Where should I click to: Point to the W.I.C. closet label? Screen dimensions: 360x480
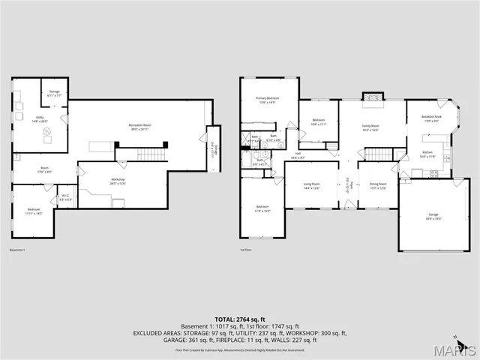click(x=65, y=199)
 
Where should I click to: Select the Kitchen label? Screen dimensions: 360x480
click(x=427, y=154)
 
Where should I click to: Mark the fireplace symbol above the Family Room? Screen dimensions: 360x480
click(x=370, y=96)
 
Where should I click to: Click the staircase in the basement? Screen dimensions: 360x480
click(x=151, y=154)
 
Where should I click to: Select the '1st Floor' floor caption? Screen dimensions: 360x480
click(x=244, y=250)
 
